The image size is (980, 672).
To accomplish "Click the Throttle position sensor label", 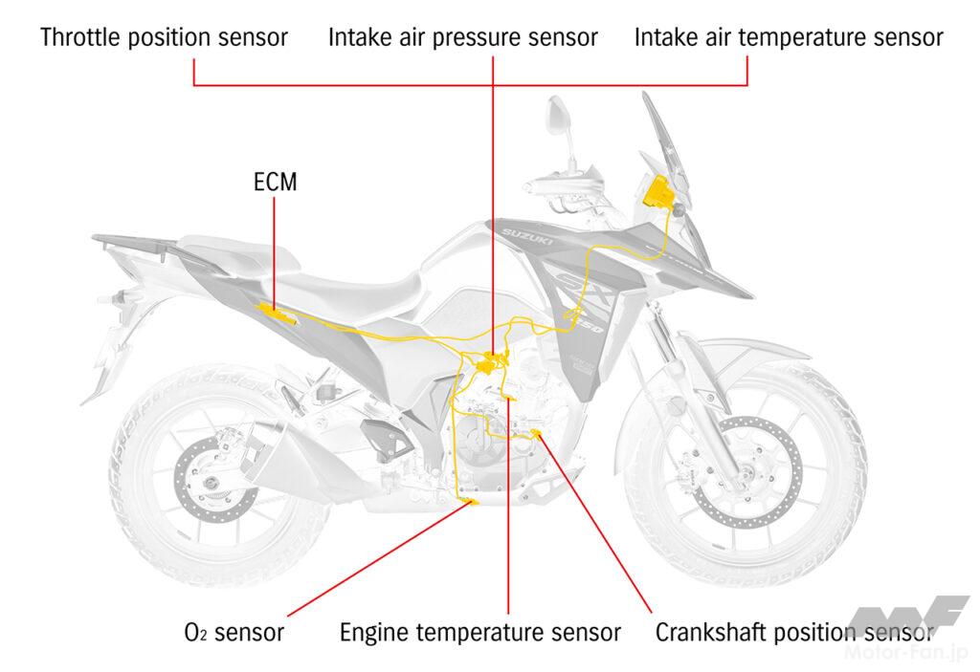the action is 164,37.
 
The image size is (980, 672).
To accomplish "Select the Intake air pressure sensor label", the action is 463,37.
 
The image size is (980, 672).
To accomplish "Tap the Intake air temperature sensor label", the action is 789,37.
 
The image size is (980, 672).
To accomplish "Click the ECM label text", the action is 275,182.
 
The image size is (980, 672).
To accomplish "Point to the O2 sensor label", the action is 234,632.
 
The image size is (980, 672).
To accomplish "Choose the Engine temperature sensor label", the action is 480,633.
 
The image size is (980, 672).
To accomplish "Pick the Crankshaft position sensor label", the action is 794,633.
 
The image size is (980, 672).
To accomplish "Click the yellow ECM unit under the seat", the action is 277,313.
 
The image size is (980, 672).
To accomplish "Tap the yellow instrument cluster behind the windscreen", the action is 658,192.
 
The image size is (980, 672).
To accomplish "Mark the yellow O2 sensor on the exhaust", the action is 469,501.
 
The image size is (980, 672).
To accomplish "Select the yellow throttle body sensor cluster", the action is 491,363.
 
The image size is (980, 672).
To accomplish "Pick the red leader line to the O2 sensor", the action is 379,559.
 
